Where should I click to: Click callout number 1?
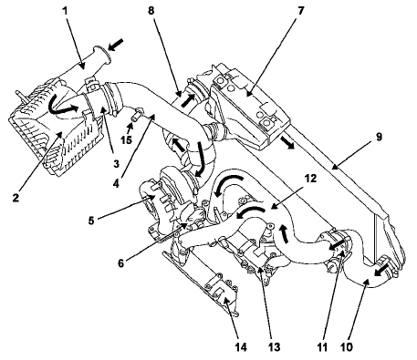[x=65, y=12]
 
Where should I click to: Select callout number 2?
[x=16, y=198]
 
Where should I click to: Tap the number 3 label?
[x=116, y=164]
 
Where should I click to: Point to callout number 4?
[x=116, y=183]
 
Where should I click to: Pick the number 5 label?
[x=91, y=221]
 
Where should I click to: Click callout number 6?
[x=121, y=263]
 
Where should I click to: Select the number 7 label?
[x=300, y=11]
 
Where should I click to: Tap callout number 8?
[x=151, y=11]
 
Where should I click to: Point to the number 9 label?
[x=378, y=137]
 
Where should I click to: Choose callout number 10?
[x=346, y=346]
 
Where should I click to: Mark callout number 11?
[x=321, y=346]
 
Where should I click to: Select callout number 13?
[x=274, y=346]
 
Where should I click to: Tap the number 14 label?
[x=240, y=346]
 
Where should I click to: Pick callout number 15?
[x=126, y=140]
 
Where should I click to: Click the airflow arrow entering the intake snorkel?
[x=116, y=45]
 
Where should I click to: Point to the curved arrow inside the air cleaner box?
[x=63, y=106]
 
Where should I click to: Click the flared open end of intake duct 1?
[x=103, y=56]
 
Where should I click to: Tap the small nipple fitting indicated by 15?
[x=136, y=114]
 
